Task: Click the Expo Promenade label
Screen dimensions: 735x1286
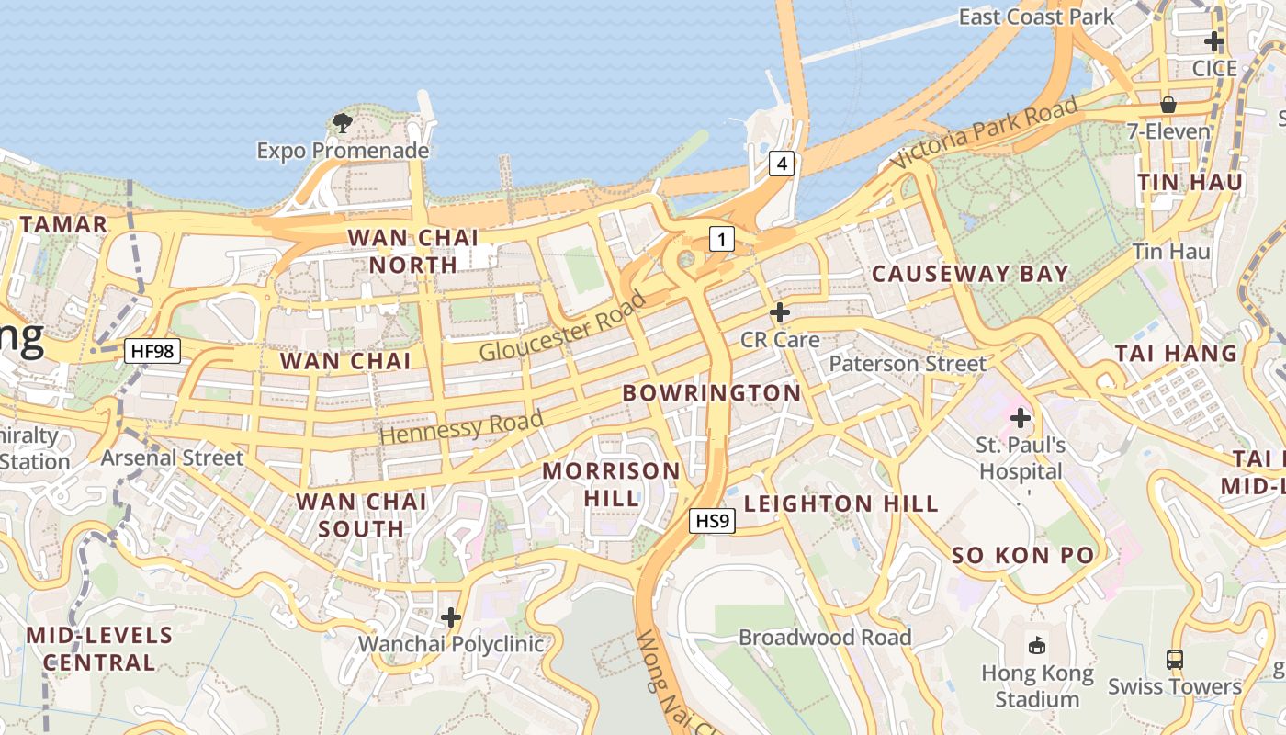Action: pyautogui.click(x=343, y=150)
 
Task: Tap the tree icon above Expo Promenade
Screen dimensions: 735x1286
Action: pyautogui.click(x=343, y=122)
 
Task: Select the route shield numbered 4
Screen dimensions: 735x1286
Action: pyautogui.click(x=781, y=164)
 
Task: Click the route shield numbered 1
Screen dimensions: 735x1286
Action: pyautogui.click(x=722, y=240)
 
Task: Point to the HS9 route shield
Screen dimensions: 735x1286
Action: pyautogui.click(x=713, y=521)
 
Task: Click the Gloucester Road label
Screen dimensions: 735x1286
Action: pyautogui.click(x=563, y=326)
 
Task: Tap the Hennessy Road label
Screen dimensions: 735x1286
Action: pyautogui.click(x=460, y=427)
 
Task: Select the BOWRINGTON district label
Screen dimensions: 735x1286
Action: pyautogui.click(x=712, y=393)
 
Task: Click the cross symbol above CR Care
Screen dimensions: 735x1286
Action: pyautogui.click(x=780, y=312)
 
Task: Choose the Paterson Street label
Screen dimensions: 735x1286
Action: pyautogui.click(x=908, y=364)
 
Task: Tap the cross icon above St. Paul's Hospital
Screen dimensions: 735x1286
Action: pyautogui.click(x=1021, y=419)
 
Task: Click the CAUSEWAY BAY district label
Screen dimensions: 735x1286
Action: pyautogui.click(x=970, y=274)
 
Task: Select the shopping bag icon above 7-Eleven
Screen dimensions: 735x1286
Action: pyautogui.click(x=1168, y=105)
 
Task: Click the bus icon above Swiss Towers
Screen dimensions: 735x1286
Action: pyautogui.click(x=1174, y=659)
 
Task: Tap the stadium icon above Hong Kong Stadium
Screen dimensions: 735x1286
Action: pyautogui.click(x=1037, y=645)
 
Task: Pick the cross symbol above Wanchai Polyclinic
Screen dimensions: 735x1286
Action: pyautogui.click(x=451, y=616)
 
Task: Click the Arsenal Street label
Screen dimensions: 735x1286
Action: pyautogui.click(x=173, y=458)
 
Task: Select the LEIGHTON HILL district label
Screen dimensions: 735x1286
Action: pyautogui.click(x=840, y=503)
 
